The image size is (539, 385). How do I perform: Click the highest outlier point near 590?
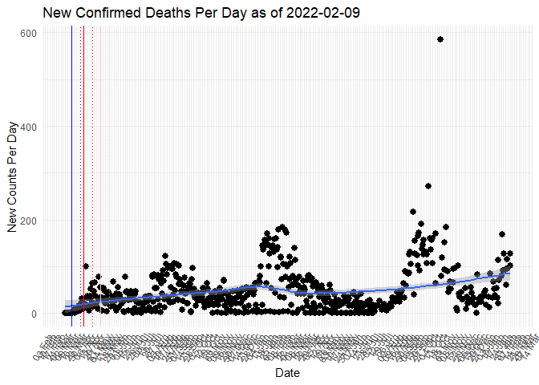[x=440, y=39]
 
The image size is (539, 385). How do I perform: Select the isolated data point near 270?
[x=428, y=186]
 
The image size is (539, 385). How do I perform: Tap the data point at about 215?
[x=413, y=212]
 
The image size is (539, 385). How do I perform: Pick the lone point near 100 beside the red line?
[x=86, y=266]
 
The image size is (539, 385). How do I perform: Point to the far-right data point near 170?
[x=502, y=234]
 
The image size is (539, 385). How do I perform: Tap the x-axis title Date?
[x=287, y=373]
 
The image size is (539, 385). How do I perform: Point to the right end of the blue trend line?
[x=509, y=274]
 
